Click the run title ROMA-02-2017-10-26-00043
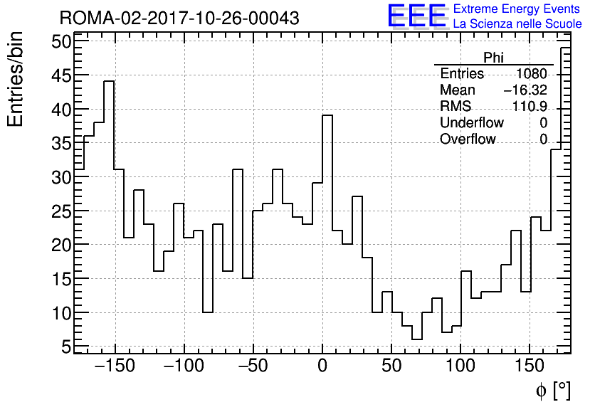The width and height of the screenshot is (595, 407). point(179,18)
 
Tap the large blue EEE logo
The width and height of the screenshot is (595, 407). point(416,16)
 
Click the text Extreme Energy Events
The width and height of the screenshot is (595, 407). point(517,9)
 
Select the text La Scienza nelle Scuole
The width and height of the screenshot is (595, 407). point(517,24)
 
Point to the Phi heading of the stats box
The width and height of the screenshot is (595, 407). point(494,58)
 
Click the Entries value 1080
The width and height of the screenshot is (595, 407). point(532,74)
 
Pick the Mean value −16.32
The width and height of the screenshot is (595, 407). point(525,90)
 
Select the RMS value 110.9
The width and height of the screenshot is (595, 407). point(530,107)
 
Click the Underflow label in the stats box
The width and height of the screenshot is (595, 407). point(471,123)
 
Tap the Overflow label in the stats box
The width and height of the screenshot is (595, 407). point(468,139)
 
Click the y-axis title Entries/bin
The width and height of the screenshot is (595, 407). point(16,79)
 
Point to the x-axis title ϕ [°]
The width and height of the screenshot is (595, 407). point(552,391)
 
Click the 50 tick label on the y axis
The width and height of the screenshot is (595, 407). point(62,42)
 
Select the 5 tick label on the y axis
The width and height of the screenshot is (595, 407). point(66,347)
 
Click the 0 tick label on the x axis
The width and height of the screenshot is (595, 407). point(322,367)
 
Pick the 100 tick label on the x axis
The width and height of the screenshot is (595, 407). point(460,367)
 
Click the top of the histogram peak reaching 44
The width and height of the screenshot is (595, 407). point(109,82)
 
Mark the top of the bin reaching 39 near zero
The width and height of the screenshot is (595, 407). point(327,115)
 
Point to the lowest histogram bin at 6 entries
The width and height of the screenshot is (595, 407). point(416,339)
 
